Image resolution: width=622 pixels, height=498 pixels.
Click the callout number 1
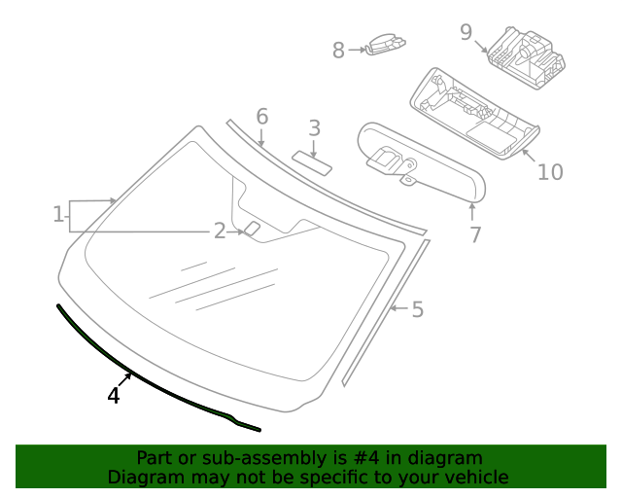click(x=58, y=214)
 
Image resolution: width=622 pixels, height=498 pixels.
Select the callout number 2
click(x=220, y=231)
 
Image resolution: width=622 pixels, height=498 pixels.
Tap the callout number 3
click(x=314, y=128)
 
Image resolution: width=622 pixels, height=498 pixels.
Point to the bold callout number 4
click(x=114, y=396)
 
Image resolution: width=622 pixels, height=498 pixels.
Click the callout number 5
click(x=417, y=309)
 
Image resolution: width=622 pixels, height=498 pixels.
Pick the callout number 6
click(x=261, y=118)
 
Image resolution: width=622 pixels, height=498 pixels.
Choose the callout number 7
click(x=475, y=234)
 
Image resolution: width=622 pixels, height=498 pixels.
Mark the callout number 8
click(x=338, y=51)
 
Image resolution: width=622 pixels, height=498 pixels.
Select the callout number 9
click(x=466, y=32)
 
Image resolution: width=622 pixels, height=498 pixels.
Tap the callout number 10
click(x=550, y=172)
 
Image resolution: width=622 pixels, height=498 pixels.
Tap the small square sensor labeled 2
click(x=252, y=230)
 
